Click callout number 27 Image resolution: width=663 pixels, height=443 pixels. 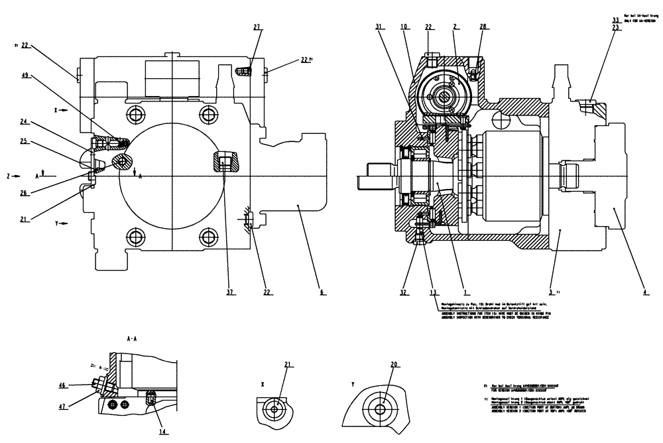pos(257,27)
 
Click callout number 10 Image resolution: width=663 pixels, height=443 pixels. pos(404,27)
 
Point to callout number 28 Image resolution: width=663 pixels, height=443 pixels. pos(483,27)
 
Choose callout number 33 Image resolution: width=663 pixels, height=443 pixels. pos(616,20)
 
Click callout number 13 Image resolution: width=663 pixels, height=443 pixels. pos(433,290)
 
